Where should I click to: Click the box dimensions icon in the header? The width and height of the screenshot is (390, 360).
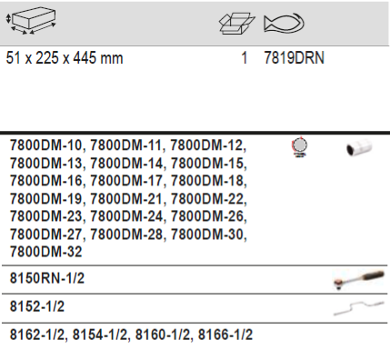(31, 21)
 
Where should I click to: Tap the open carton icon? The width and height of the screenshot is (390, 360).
(237, 23)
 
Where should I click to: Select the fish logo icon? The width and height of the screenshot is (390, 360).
(284, 23)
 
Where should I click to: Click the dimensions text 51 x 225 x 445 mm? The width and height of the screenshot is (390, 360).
(65, 58)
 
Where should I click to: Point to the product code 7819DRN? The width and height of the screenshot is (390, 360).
(294, 58)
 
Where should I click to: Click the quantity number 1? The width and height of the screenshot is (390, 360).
(245, 58)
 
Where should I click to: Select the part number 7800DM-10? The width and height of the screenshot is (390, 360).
(45, 145)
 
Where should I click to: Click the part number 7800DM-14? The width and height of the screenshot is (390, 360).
(126, 164)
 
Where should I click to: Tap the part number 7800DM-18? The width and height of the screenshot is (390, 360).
(207, 181)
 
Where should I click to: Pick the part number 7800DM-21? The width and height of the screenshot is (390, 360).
(126, 199)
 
